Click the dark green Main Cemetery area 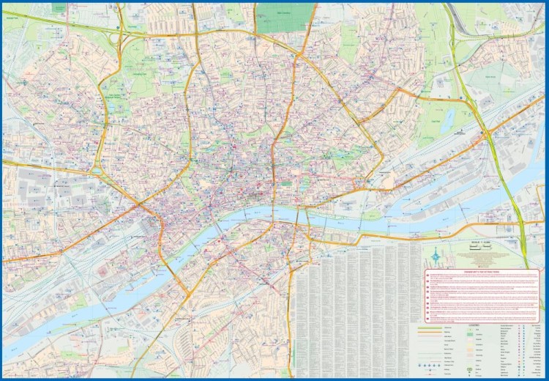click(285, 15)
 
